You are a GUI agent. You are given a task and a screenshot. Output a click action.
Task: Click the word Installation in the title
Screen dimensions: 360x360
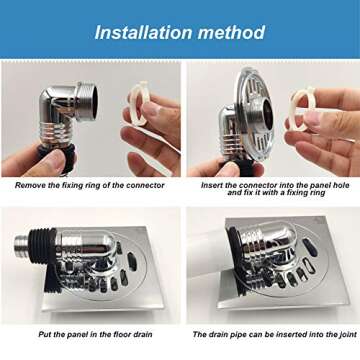(142, 32)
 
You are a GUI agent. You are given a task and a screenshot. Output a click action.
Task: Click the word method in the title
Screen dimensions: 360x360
(230, 32)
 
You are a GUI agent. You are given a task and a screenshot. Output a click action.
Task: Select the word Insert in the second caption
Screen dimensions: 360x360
(212, 185)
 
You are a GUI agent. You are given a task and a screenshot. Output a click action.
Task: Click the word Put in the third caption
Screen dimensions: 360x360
(45, 334)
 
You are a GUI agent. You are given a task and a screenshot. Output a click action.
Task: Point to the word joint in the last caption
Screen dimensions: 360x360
(346, 334)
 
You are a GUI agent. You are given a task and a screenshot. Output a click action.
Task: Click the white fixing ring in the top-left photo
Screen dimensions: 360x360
(139, 103)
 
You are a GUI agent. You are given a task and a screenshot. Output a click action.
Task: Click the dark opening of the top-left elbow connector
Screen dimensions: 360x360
(94, 102)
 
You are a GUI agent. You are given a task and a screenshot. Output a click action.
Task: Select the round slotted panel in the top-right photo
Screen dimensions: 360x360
(254, 114)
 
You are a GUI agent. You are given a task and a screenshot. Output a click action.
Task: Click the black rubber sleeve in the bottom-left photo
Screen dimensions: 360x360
(42, 259)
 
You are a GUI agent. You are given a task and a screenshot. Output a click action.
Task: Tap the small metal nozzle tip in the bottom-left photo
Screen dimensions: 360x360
(21, 243)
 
